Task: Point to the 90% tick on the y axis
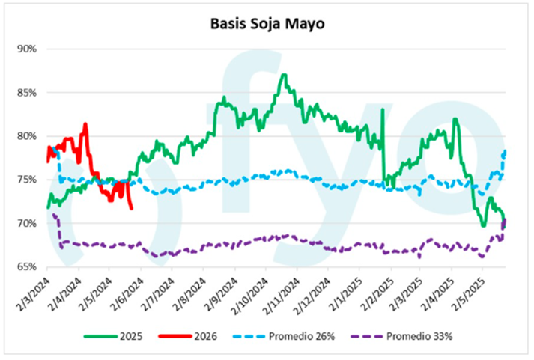coord(27,49)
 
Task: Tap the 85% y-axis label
coord(27,93)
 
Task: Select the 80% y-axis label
coord(27,136)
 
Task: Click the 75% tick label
coord(27,180)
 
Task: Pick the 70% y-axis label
coord(27,224)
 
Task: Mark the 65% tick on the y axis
coord(27,267)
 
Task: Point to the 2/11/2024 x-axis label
coord(283,293)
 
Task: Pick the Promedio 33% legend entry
coord(422,336)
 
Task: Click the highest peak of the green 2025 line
coord(283,75)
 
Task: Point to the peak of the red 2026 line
coord(85,124)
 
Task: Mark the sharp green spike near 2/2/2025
coord(382,111)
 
